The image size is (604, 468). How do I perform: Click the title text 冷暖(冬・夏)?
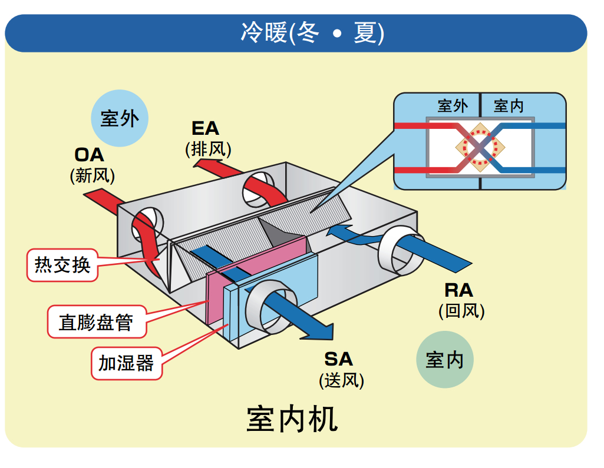(312, 33)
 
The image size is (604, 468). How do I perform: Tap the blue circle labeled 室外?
(120, 118)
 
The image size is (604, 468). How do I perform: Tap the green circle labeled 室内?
(444, 359)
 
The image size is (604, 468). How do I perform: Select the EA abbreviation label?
(205, 128)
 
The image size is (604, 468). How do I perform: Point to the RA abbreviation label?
(458, 290)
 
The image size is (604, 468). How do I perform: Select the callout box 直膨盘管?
(95, 321)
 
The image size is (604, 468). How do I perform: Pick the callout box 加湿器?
(126, 363)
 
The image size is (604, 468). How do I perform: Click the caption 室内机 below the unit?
(292, 419)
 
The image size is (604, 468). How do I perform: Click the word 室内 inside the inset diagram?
(508, 106)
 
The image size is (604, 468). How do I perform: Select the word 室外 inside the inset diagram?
(453, 106)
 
